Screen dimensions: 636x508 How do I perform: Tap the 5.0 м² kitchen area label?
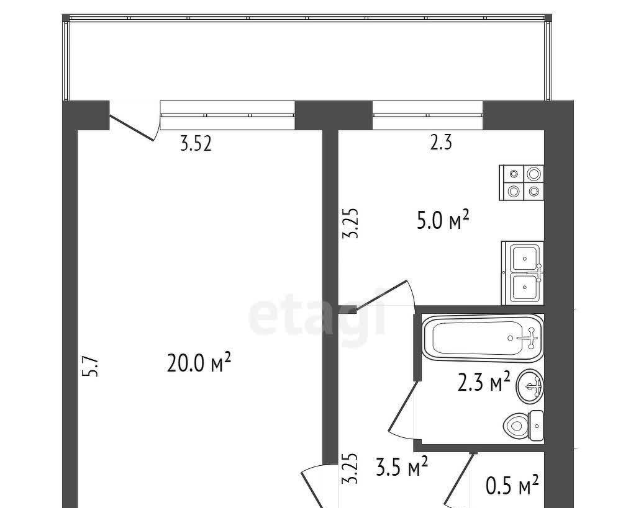pyautogui.click(x=443, y=220)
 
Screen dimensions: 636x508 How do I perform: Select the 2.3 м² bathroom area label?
pyautogui.click(x=484, y=381)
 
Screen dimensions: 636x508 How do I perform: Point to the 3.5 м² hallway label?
pyautogui.click(x=402, y=466)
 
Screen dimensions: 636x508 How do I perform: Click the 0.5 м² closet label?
pyautogui.click(x=512, y=485)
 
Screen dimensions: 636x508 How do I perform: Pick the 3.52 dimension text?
pyautogui.click(x=196, y=143)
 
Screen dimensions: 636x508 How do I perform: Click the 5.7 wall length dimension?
pyautogui.click(x=91, y=366)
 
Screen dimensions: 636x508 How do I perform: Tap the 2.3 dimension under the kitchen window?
pyautogui.click(x=441, y=143)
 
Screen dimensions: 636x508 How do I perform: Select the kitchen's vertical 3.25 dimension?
pyautogui.click(x=350, y=223)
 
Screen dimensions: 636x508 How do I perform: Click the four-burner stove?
pyautogui.click(x=521, y=183)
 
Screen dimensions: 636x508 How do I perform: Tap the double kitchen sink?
pyautogui.click(x=522, y=273)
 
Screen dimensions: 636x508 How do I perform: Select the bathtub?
pyautogui.click(x=483, y=338)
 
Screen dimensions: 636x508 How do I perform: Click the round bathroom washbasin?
pyautogui.click(x=530, y=386)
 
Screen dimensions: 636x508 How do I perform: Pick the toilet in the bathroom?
pyautogui.click(x=523, y=426)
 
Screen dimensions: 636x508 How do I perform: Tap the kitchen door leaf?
pyautogui.click(x=381, y=295)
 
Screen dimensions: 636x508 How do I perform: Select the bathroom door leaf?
pyautogui.click(x=403, y=406)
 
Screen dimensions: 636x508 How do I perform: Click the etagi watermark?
pyautogui.click(x=316, y=312)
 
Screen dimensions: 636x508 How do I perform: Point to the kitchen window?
pyautogui.click(x=427, y=115)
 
